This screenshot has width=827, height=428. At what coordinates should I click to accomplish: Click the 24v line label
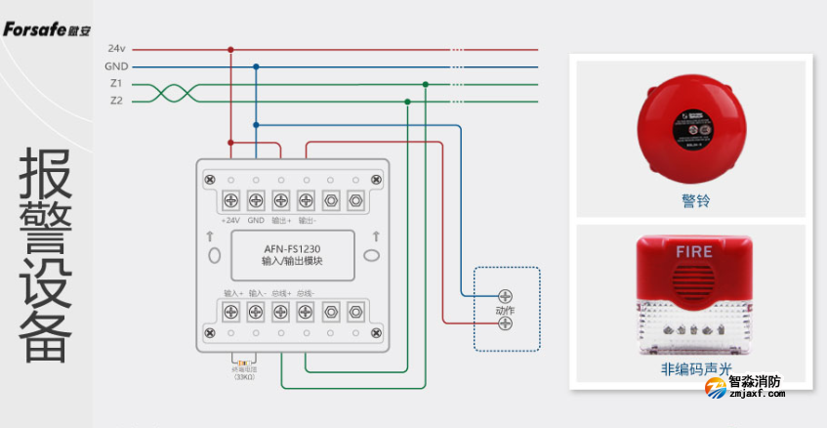pyautogui.click(x=116, y=49)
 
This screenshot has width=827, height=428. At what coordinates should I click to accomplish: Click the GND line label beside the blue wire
pyautogui.click(x=116, y=66)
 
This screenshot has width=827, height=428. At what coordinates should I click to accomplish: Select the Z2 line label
pyautogui.click(x=116, y=100)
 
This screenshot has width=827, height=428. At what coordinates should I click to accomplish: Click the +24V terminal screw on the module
pyautogui.click(x=231, y=200)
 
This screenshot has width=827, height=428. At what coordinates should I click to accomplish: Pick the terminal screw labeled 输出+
pyautogui.click(x=281, y=200)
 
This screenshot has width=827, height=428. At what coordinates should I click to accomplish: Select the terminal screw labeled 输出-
pyautogui.click(x=306, y=200)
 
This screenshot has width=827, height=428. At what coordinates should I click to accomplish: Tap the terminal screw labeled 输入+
pyautogui.click(x=231, y=312)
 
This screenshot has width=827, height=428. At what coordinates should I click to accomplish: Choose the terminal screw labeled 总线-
pyautogui.click(x=306, y=312)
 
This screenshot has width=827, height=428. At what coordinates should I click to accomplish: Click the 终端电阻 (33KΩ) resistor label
pyautogui.click(x=243, y=373)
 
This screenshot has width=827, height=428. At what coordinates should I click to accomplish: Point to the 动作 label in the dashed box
pyautogui.click(x=504, y=310)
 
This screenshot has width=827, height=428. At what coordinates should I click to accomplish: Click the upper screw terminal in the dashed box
pyautogui.click(x=506, y=295)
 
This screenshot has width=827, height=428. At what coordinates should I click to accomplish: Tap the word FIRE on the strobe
pyautogui.click(x=694, y=251)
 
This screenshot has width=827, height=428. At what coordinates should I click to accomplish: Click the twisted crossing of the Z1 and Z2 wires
pyautogui.click(x=168, y=92)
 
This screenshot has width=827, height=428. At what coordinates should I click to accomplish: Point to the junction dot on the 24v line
pyautogui.click(x=230, y=49)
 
